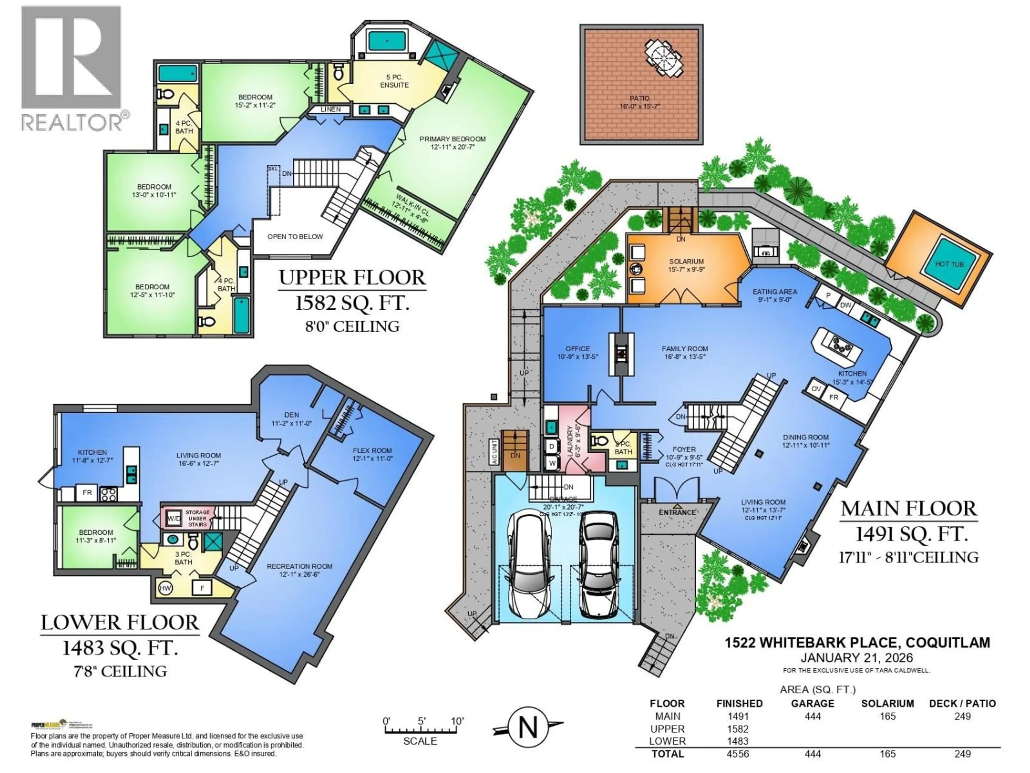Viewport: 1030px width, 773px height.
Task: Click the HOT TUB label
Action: click(950, 264)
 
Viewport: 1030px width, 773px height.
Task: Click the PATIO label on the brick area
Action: click(639, 98)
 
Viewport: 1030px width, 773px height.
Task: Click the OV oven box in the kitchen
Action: click(816, 389)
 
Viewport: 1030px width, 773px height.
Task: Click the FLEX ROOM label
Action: click(372, 451)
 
